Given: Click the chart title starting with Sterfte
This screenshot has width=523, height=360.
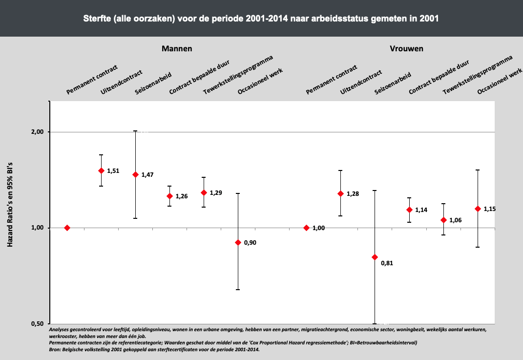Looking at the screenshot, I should click(x=261, y=19).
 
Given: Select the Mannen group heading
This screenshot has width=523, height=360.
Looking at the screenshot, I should click(x=177, y=49).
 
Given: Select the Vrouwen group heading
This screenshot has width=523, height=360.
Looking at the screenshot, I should click(x=406, y=49).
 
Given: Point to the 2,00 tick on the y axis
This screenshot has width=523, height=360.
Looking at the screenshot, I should click(x=38, y=132).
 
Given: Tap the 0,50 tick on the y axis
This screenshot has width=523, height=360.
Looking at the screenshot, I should click(x=38, y=324).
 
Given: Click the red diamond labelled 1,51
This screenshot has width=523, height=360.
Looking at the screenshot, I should click(x=102, y=170).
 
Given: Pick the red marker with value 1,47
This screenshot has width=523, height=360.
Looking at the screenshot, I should click(x=136, y=174).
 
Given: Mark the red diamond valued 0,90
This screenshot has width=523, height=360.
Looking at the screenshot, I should click(x=238, y=242).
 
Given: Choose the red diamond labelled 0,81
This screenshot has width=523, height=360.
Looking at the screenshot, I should click(x=375, y=257).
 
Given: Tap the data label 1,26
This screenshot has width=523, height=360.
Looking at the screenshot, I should click(x=182, y=196).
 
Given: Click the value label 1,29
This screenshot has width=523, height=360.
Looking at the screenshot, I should click(x=216, y=193).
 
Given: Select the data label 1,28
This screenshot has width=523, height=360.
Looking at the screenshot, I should click(x=353, y=194).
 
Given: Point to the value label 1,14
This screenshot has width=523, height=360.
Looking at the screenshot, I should click(x=421, y=210).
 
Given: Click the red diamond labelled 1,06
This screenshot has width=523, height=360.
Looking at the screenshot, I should click(x=443, y=220).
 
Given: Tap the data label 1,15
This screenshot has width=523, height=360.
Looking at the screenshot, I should click(x=489, y=209).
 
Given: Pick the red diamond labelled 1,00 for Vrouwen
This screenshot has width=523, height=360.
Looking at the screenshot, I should click(x=307, y=228).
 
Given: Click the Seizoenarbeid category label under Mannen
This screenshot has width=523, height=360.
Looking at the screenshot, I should click(x=152, y=84).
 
